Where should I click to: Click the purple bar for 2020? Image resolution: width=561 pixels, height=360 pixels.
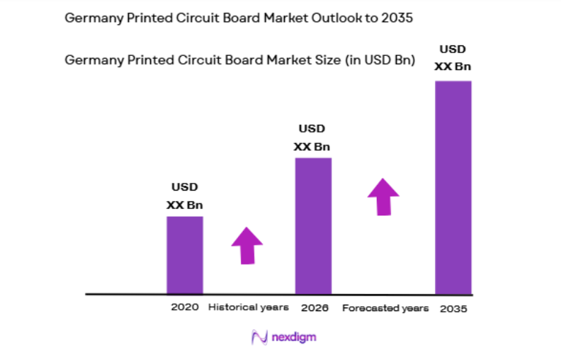point(184,254)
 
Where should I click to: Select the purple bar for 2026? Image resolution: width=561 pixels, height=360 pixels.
point(313,225)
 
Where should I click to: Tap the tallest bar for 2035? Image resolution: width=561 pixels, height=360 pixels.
point(453,187)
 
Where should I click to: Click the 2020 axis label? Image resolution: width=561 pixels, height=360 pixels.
point(184,308)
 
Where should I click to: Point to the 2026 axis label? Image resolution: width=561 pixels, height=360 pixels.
point(313,308)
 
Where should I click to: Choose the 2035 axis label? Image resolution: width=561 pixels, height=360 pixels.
point(453,309)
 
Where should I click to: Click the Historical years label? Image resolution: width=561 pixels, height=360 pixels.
point(248,308)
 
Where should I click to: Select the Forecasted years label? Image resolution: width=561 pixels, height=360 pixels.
point(385,308)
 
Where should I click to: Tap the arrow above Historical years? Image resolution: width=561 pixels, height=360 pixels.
point(246,245)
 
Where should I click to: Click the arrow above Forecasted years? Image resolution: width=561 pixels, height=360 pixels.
point(383,196)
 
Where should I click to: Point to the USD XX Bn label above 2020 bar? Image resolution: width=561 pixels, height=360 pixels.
point(184,196)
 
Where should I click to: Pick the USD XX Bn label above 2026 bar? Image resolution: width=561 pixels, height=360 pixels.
point(312,137)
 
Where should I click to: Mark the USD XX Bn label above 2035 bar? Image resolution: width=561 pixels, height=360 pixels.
point(453,58)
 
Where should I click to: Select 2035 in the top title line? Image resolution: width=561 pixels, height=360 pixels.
point(397,18)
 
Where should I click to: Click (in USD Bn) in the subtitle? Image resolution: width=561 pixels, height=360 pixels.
point(380,60)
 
